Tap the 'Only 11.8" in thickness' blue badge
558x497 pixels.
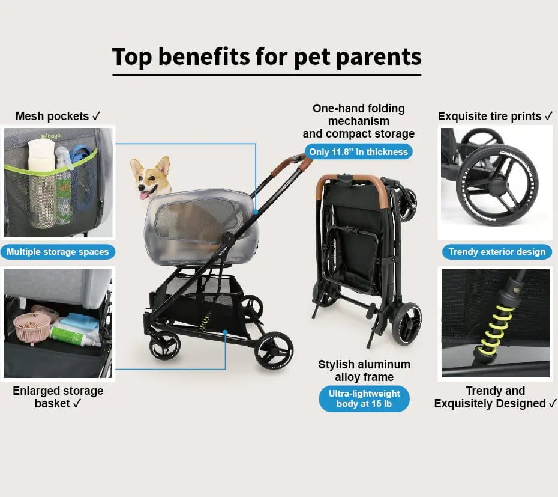(358, 152)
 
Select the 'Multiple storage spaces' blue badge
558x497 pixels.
(58, 252)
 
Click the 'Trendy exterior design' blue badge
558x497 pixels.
(497, 252)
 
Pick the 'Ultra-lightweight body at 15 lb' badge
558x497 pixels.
(364, 398)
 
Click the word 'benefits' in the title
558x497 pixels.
(204, 56)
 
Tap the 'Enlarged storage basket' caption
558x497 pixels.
(58, 397)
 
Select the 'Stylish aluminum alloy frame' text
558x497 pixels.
(364, 370)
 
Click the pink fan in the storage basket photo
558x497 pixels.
(32, 326)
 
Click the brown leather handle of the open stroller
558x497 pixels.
(292, 166)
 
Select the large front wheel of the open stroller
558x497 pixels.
(274, 351)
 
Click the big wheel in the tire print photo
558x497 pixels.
(497, 184)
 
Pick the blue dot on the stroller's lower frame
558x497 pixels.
(225, 332)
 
